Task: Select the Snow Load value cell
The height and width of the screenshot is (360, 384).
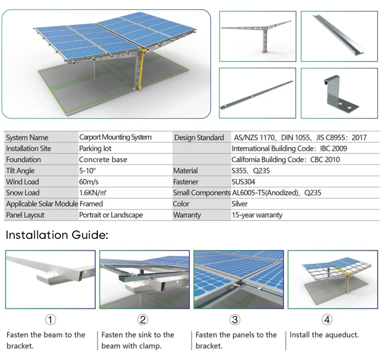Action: coord(92,193)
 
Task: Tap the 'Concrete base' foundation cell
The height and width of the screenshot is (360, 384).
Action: coord(103,160)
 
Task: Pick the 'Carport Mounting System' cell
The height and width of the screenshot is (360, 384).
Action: coord(115,137)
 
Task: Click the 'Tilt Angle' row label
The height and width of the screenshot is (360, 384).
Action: coord(20,171)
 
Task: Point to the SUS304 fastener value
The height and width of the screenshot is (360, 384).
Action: coord(243,182)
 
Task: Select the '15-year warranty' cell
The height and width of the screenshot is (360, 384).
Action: coord(257,215)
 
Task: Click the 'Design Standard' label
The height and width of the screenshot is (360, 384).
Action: coord(199,138)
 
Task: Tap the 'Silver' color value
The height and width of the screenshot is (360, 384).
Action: coord(240,204)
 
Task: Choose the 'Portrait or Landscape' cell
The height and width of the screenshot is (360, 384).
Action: coord(111,215)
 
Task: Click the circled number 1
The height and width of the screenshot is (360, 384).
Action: coord(50,320)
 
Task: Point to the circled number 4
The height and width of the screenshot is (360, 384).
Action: coord(327,320)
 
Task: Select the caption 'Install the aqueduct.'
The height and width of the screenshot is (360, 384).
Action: coord(324,335)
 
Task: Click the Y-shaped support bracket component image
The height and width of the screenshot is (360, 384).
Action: coord(258,35)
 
